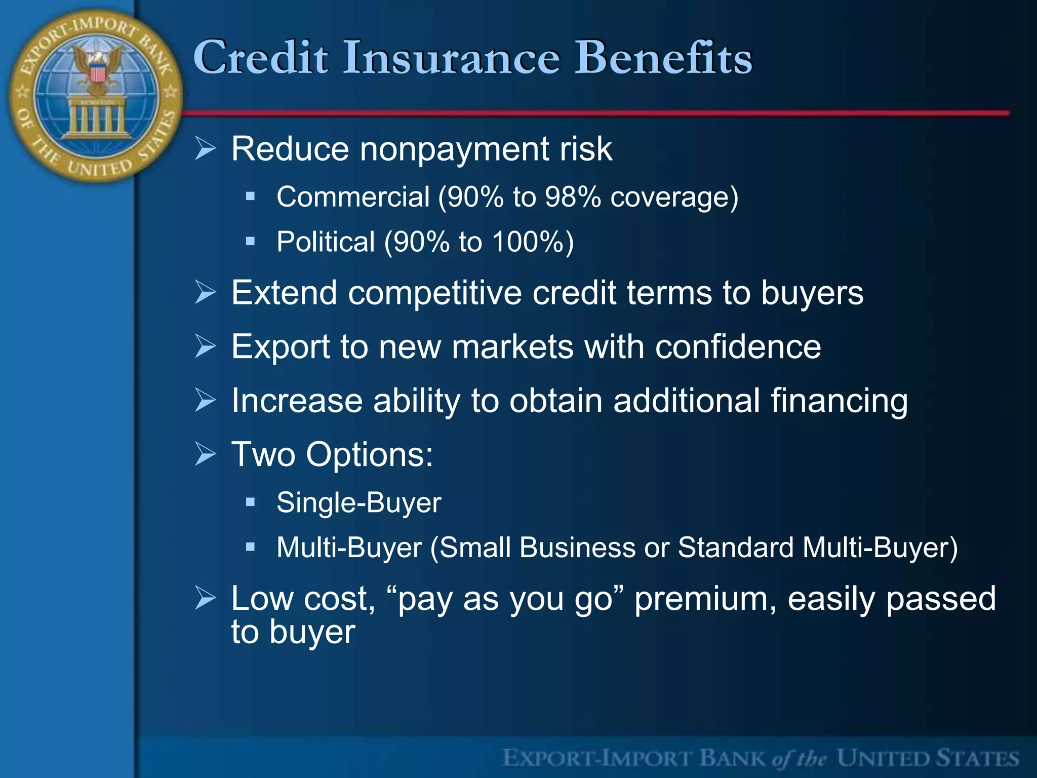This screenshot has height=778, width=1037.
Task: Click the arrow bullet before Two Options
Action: tap(206, 454)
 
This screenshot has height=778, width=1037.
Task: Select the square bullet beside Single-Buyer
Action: tap(250, 502)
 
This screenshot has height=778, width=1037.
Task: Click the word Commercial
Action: tap(353, 197)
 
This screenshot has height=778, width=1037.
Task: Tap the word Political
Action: tap(326, 242)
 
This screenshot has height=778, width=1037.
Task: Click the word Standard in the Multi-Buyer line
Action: tap(735, 548)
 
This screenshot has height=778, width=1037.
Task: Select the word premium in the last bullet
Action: tap(705, 599)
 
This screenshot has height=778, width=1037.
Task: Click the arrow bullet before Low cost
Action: tap(206, 598)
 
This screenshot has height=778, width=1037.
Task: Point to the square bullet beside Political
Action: tap(250, 241)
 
